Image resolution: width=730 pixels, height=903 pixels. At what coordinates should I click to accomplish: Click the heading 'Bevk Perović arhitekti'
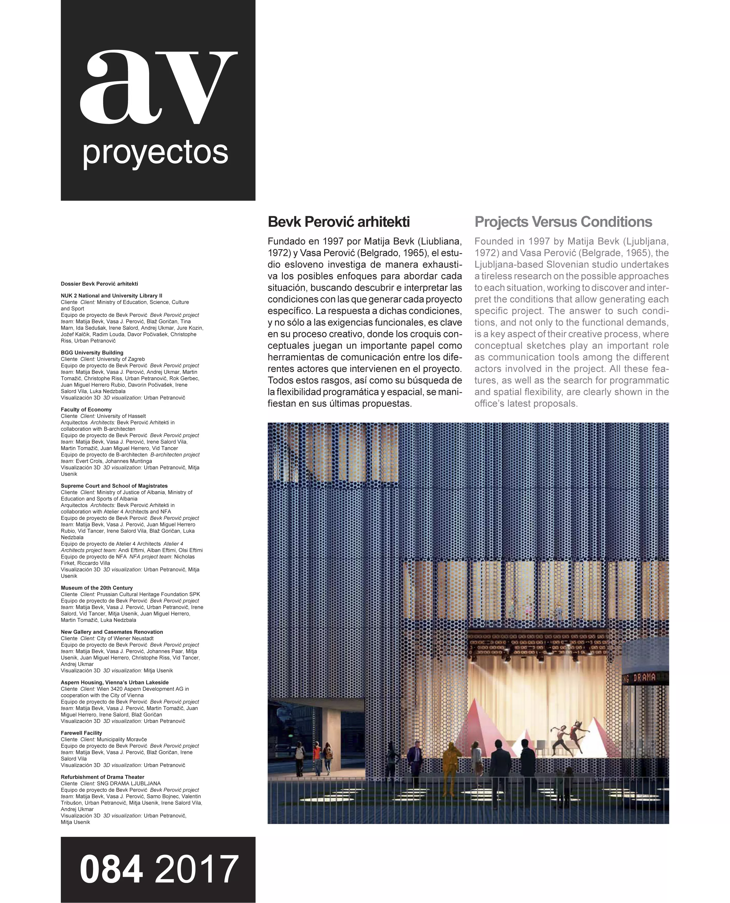coord(339,222)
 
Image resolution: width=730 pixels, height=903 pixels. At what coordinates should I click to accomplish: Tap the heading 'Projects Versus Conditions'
coord(563,222)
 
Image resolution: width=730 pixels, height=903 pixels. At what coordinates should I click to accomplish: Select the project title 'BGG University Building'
coord(92,353)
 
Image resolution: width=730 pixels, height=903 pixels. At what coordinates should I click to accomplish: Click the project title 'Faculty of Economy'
coord(86,410)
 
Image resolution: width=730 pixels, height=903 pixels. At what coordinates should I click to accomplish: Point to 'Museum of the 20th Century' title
coord(97,588)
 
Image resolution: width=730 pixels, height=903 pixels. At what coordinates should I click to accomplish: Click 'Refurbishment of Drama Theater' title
coord(102,777)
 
